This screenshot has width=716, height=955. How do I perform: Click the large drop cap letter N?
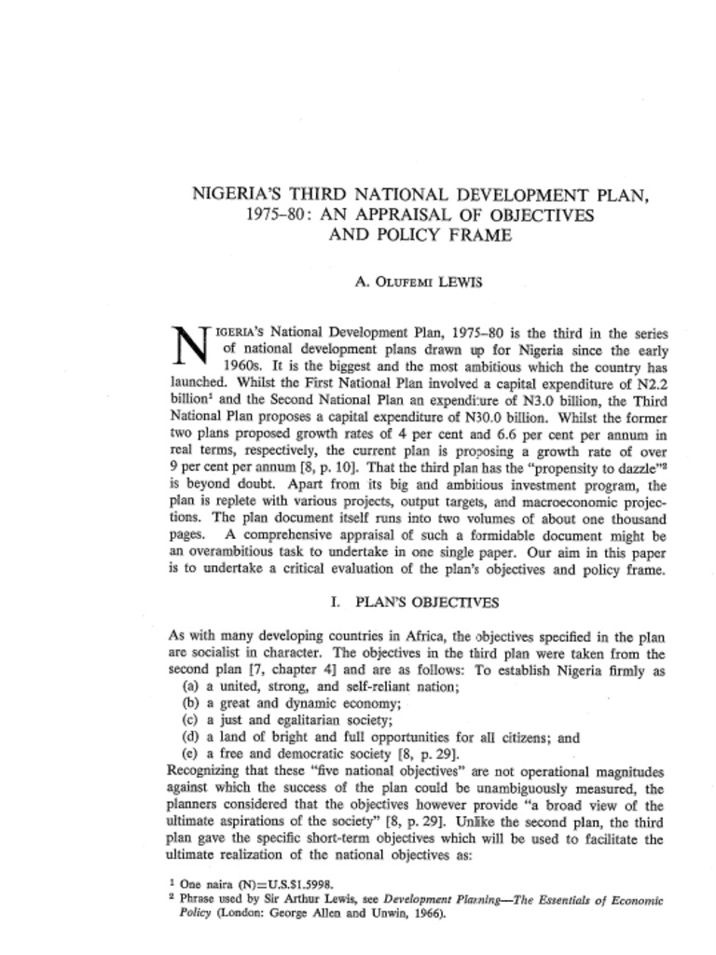(x=190, y=348)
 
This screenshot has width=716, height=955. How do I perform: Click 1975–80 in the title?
(x=273, y=215)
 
